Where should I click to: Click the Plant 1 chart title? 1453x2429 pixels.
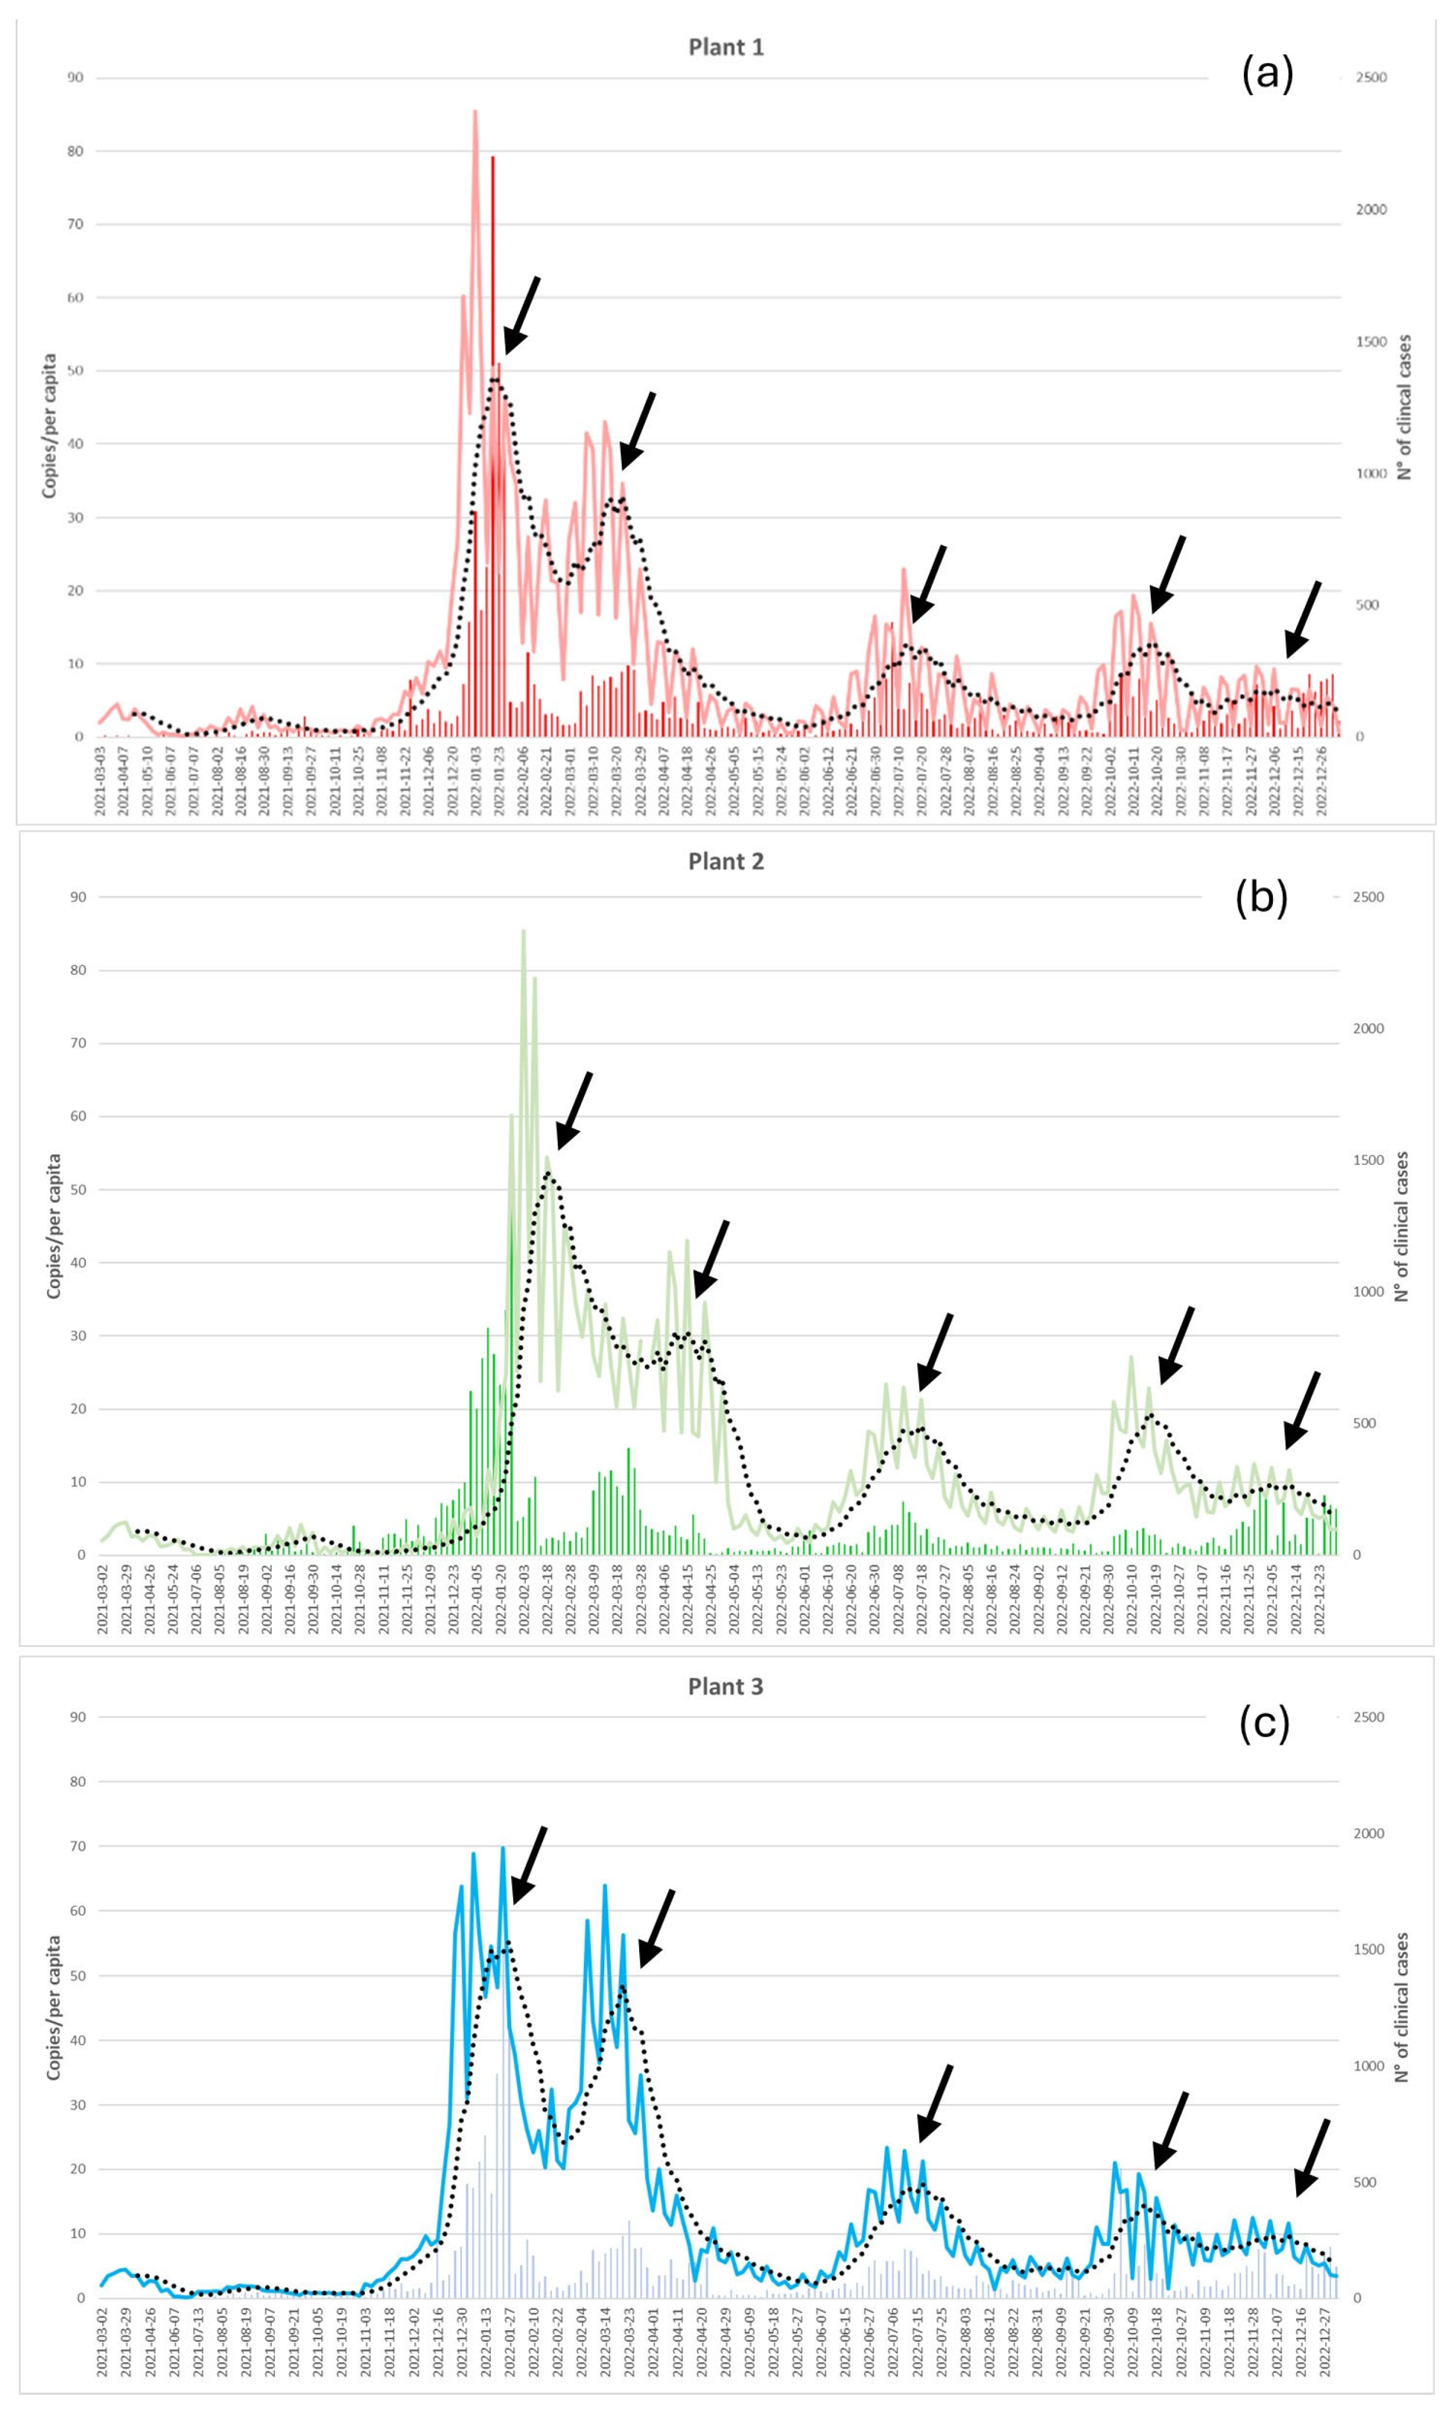(x=726, y=47)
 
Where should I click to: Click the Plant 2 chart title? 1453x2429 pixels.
(x=726, y=862)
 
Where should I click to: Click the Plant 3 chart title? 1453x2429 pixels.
(x=726, y=1686)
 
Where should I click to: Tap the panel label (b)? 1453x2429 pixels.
(x=1261, y=898)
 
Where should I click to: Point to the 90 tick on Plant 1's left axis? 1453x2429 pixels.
(x=76, y=77)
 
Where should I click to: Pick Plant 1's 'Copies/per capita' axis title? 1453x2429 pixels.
(x=48, y=426)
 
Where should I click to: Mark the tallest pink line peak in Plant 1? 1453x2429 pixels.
(x=475, y=112)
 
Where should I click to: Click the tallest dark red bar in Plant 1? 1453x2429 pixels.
(x=493, y=157)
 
